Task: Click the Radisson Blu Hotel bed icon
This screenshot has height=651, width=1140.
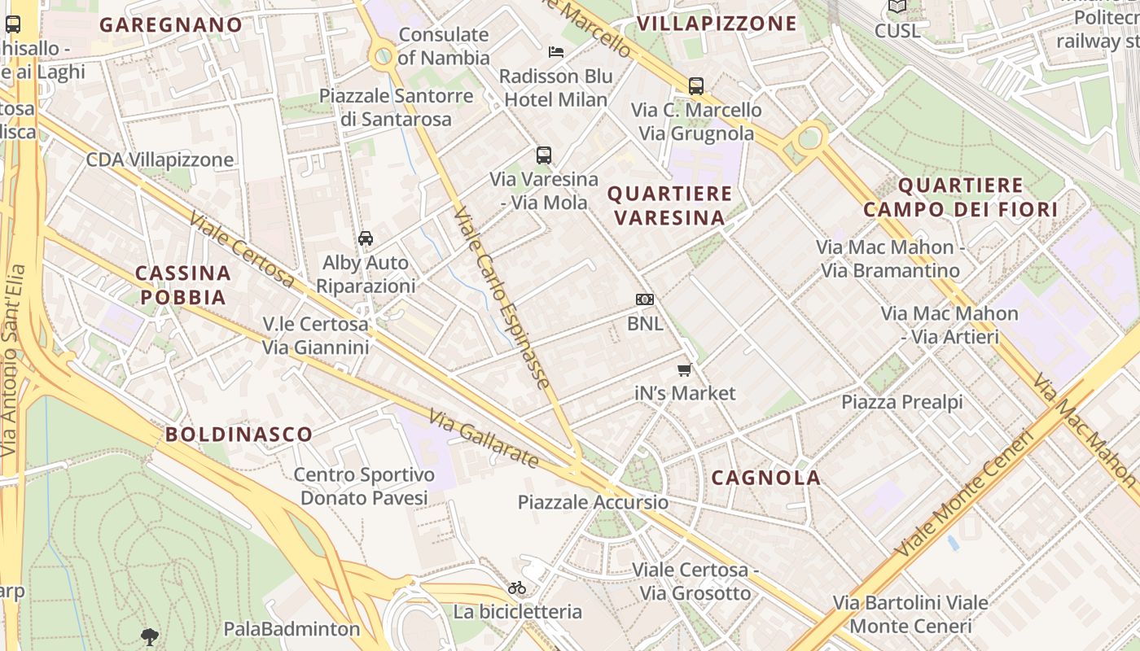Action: [556, 52]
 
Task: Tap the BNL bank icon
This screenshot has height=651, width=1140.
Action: [645, 299]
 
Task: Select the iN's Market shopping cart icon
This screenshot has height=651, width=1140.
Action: [684, 370]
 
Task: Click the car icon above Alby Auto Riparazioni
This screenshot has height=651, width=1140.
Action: [366, 238]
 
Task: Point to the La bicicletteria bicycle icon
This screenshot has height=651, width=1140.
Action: [517, 588]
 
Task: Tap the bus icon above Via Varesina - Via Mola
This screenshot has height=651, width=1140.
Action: [544, 155]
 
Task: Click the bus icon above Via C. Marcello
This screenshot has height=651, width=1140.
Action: [696, 86]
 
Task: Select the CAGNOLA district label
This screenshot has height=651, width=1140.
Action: [765, 478]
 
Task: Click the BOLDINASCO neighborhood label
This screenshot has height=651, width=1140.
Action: [239, 434]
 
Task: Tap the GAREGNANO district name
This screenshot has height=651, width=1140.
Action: [171, 24]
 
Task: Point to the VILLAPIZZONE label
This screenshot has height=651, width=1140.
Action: [717, 24]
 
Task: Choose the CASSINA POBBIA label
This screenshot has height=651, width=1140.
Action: [183, 285]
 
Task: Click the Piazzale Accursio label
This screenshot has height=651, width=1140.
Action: [593, 502]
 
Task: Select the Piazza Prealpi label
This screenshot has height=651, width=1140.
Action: [902, 402]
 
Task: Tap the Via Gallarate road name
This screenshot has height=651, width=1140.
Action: [484, 439]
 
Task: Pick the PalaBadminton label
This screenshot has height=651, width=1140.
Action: [292, 629]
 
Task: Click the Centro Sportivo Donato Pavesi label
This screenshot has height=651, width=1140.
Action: [364, 486]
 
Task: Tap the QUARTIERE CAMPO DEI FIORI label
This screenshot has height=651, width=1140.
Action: [960, 198]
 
